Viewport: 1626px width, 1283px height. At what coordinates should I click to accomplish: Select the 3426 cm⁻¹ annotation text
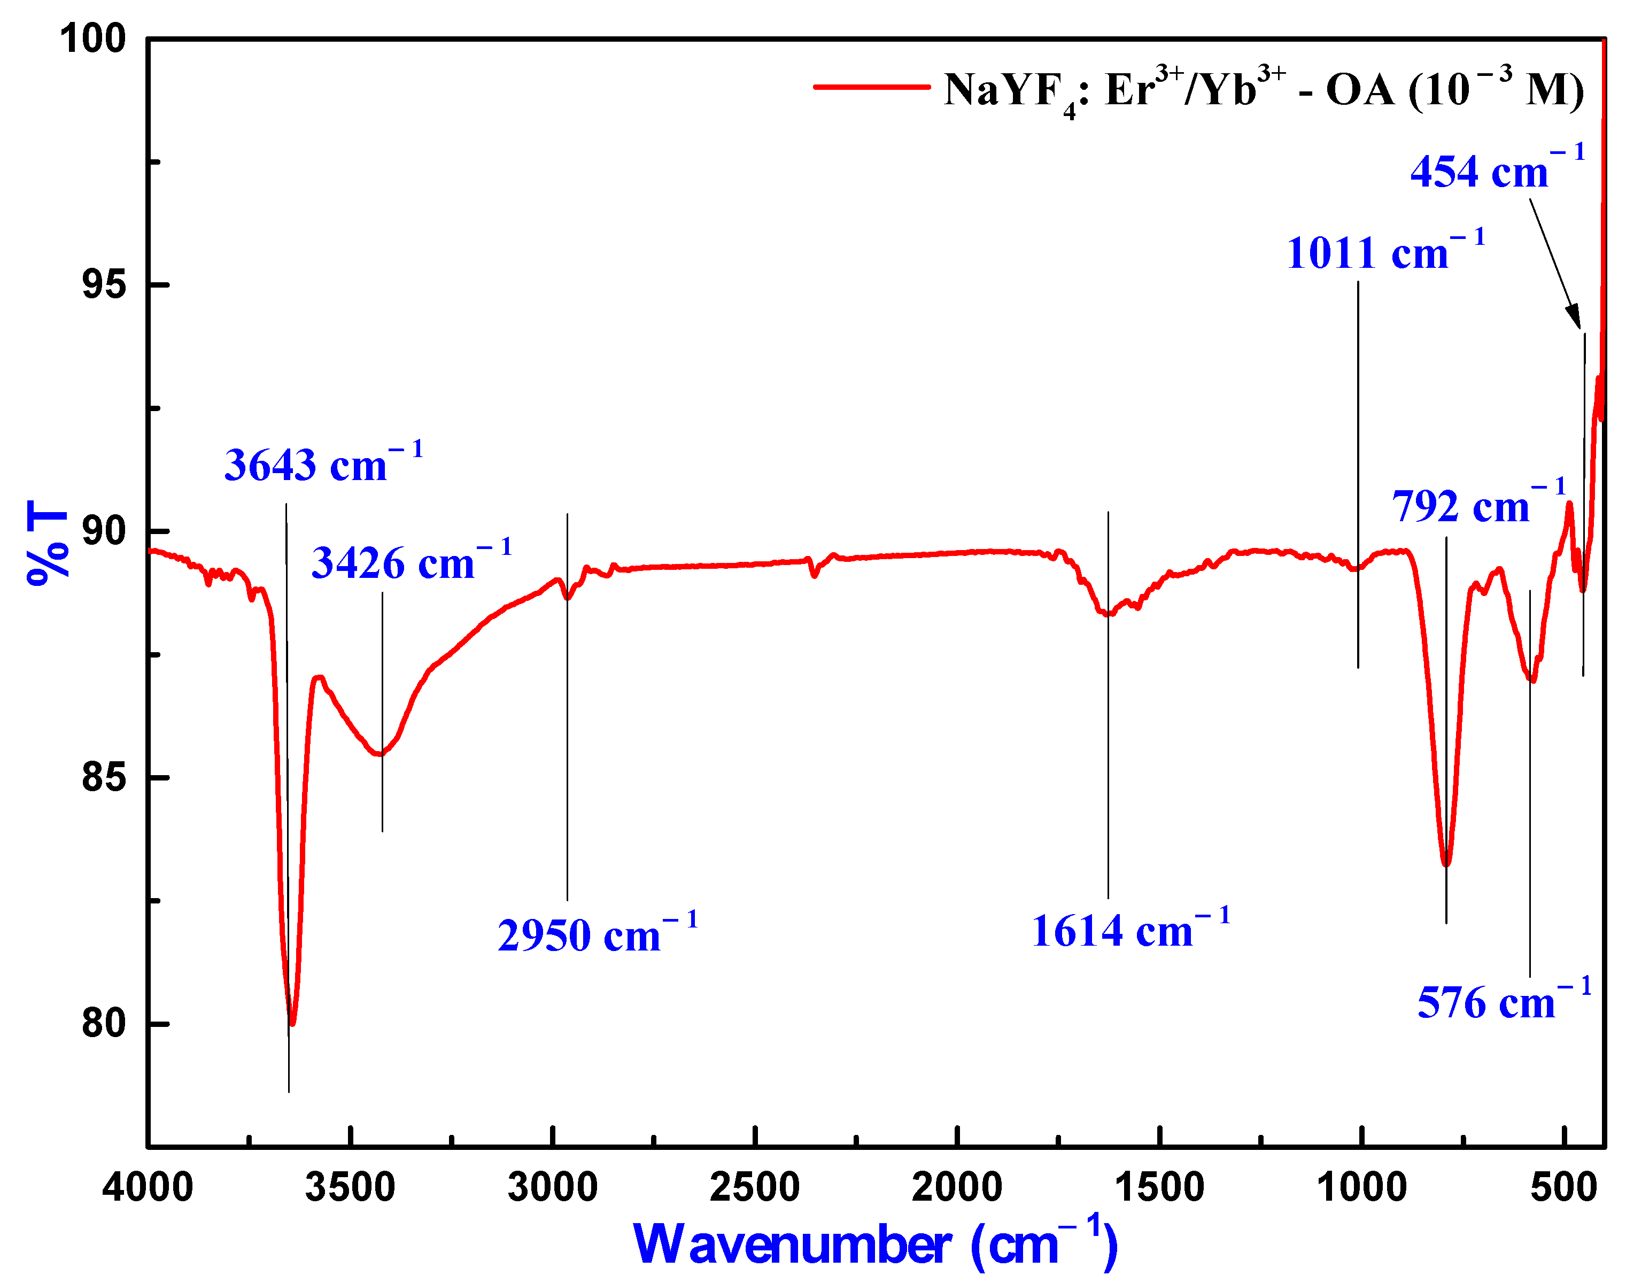click(412, 562)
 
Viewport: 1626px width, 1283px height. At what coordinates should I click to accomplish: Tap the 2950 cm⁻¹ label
click(598, 934)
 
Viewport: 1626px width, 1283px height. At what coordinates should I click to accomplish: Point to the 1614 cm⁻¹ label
click(1131, 931)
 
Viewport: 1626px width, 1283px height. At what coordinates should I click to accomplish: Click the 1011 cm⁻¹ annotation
click(1385, 252)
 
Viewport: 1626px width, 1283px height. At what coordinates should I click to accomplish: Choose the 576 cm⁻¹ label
click(1504, 1001)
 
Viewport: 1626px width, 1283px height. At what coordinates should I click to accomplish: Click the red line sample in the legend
click(872, 87)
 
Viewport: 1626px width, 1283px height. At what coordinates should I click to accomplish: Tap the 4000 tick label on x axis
click(148, 1188)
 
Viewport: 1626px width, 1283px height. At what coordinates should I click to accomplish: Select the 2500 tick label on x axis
click(755, 1188)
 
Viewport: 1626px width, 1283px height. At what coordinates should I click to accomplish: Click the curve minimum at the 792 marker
click(1446, 864)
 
